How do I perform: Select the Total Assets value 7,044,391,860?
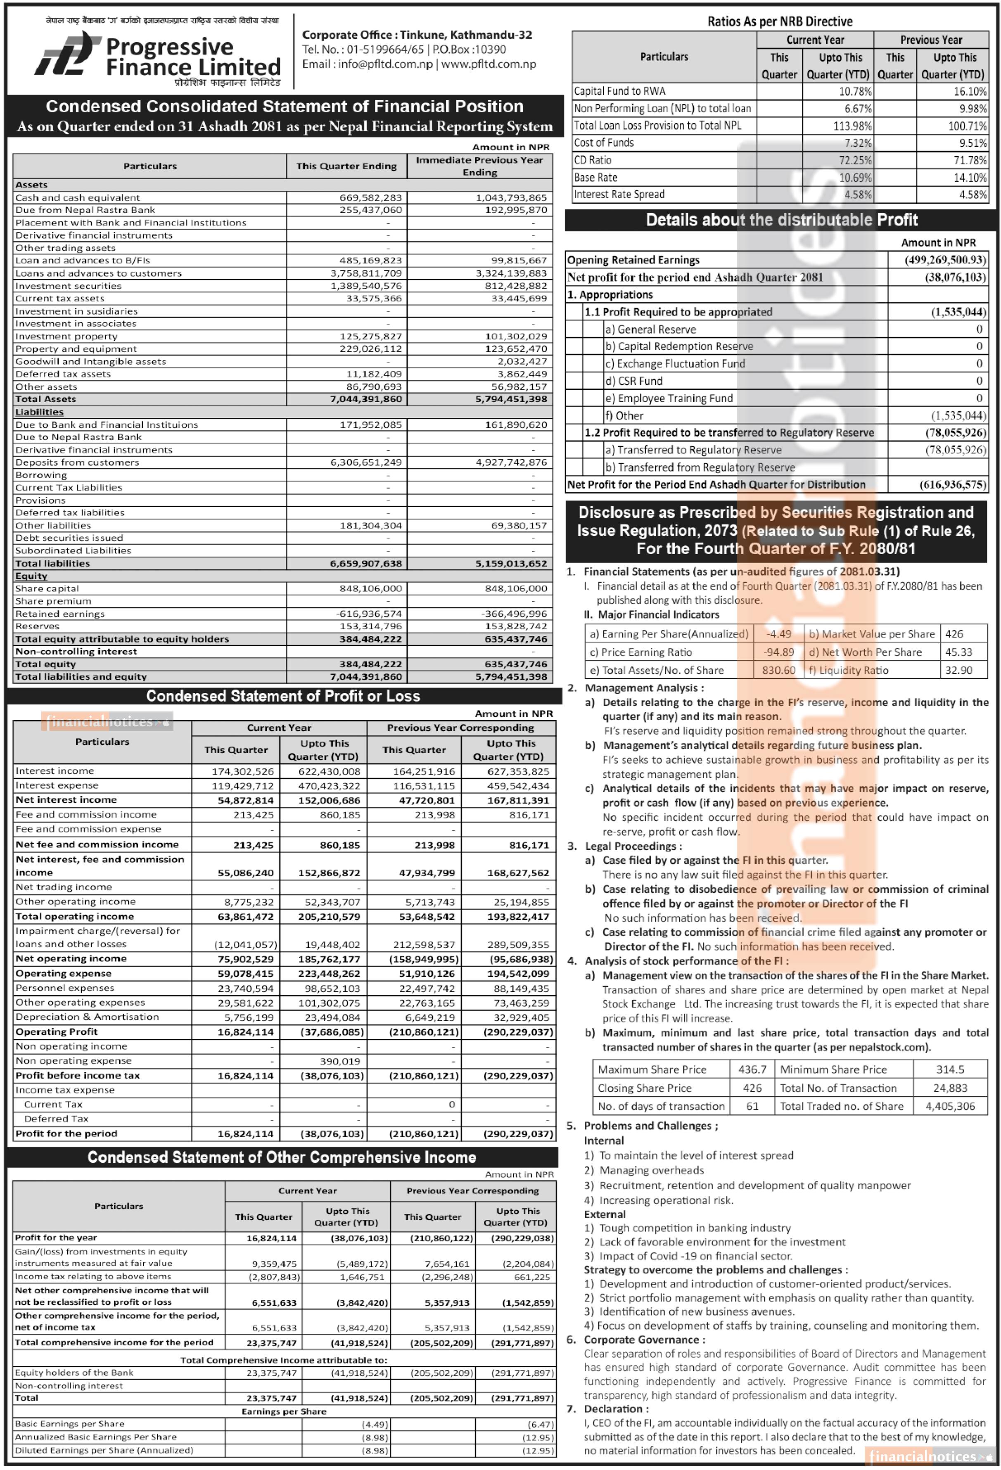[366, 399]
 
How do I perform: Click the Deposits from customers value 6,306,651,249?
[366, 462]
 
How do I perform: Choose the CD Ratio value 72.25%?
[855, 160]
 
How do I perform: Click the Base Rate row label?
[595, 177]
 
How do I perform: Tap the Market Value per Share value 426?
[954, 634]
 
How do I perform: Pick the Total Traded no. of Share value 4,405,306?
[950, 1106]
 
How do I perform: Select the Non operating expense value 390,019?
[340, 1061]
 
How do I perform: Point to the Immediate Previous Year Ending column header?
[479, 166]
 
